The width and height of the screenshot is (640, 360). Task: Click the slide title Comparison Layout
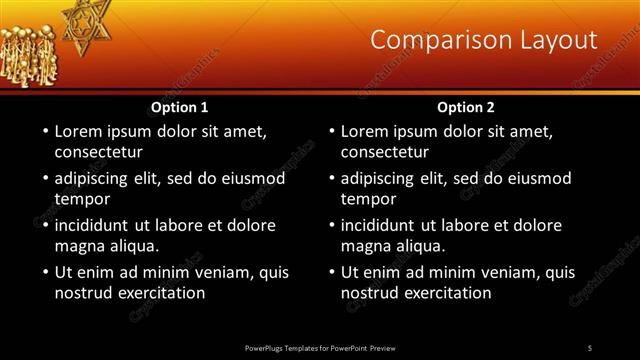tap(484, 40)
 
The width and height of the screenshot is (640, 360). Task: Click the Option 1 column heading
tap(180, 107)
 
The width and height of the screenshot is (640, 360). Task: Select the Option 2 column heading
tap(466, 107)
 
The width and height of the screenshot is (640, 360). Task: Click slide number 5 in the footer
tap(589, 347)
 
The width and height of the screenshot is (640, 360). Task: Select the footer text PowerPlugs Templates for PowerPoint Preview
tap(319, 347)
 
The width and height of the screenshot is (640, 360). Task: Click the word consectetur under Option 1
tap(98, 152)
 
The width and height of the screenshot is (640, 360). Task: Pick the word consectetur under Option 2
tap(384, 152)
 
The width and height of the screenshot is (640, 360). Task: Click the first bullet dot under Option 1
tap(45, 132)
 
